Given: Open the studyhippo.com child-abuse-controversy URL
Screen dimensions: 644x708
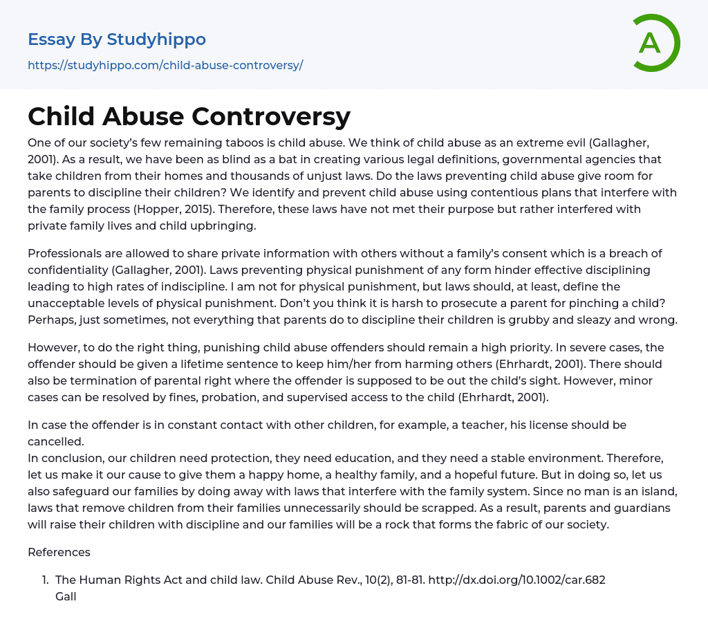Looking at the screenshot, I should [165, 66].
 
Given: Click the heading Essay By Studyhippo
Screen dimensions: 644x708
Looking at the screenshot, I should [117, 39].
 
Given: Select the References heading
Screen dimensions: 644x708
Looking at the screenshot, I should [59, 552].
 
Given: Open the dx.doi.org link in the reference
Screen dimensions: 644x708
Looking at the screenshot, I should [516, 580].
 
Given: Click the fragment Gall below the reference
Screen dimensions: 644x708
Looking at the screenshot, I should [66, 596].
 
